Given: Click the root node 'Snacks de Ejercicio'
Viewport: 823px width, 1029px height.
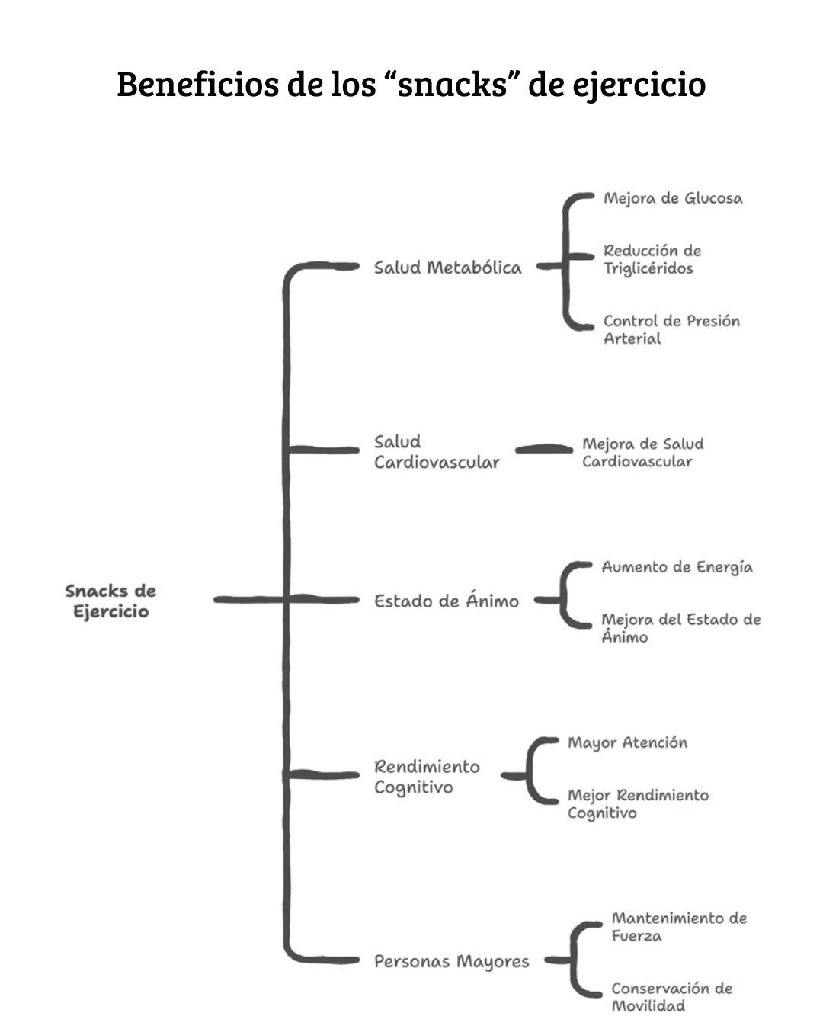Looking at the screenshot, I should coord(110,601).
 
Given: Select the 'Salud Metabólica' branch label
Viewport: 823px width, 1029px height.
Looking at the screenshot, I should coord(447,268).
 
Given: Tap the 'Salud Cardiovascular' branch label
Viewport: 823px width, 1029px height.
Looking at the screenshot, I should coord(437,452).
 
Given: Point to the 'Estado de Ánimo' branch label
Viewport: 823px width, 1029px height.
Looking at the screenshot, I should coord(446,601).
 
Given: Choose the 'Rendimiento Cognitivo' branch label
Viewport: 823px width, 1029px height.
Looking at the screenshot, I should coord(427,777).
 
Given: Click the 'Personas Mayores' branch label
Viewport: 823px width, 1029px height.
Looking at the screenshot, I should coord(451,961).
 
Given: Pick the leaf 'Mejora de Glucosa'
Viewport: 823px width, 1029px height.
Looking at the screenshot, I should coord(672,198).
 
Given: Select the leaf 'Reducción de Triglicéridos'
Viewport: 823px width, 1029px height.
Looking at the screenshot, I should coord(652,259).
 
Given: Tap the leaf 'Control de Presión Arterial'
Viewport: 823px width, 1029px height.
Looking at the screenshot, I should coord(671,329).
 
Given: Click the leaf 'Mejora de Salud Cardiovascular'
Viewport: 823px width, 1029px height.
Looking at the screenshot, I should coord(642,452).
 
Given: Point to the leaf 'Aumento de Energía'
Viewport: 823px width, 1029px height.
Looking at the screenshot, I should coord(677,567).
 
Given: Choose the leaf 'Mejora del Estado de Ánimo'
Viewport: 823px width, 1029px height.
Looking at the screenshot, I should coord(680,628).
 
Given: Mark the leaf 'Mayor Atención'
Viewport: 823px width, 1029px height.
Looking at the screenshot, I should coord(627,742).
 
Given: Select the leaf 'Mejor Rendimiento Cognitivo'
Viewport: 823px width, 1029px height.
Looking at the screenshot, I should coord(637,803).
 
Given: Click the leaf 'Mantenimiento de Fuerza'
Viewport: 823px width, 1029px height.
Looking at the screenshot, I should coord(678,926).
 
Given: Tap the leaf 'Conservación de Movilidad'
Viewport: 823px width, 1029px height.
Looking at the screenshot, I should coord(671,996).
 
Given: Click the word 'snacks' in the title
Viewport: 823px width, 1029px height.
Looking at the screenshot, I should coord(453,84).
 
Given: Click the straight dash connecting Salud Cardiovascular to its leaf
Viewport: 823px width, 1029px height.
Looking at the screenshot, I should coord(543,450).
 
